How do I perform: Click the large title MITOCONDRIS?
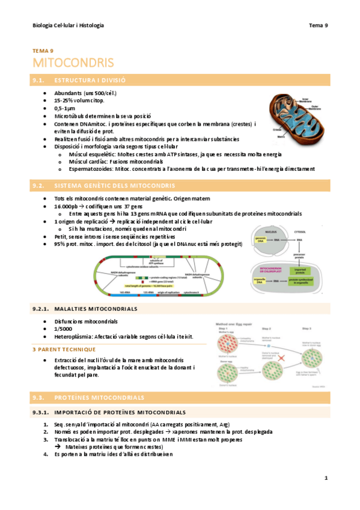tap(73, 63)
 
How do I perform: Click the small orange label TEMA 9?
tap(43, 51)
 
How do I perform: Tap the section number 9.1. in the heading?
tap(40, 79)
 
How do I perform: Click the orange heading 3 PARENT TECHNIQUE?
tap(64, 349)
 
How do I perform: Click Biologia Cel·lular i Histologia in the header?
tap(68, 25)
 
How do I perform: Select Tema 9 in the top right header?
tap(318, 25)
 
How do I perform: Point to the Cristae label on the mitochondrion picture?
tap(277, 129)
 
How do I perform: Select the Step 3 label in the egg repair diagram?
tap(305, 328)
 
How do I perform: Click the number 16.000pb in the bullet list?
tap(66, 206)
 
